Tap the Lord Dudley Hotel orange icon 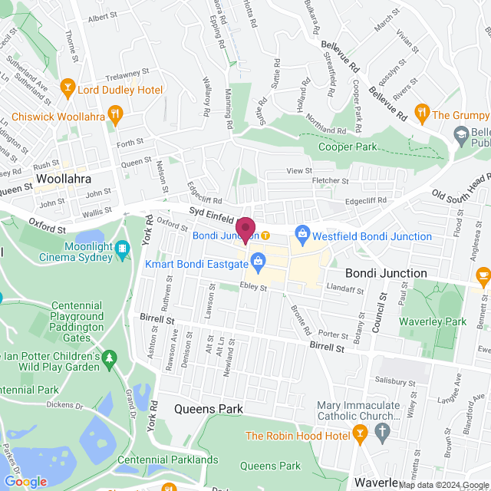[x=68, y=90]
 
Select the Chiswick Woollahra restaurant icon [x=115, y=117]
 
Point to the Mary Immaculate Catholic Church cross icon [x=384, y=433]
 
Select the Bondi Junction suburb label [x=386, y=273]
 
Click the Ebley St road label [x=253, y=287]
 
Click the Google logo [x=25, y=482]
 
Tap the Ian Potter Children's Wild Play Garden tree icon [x=110, y=358]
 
